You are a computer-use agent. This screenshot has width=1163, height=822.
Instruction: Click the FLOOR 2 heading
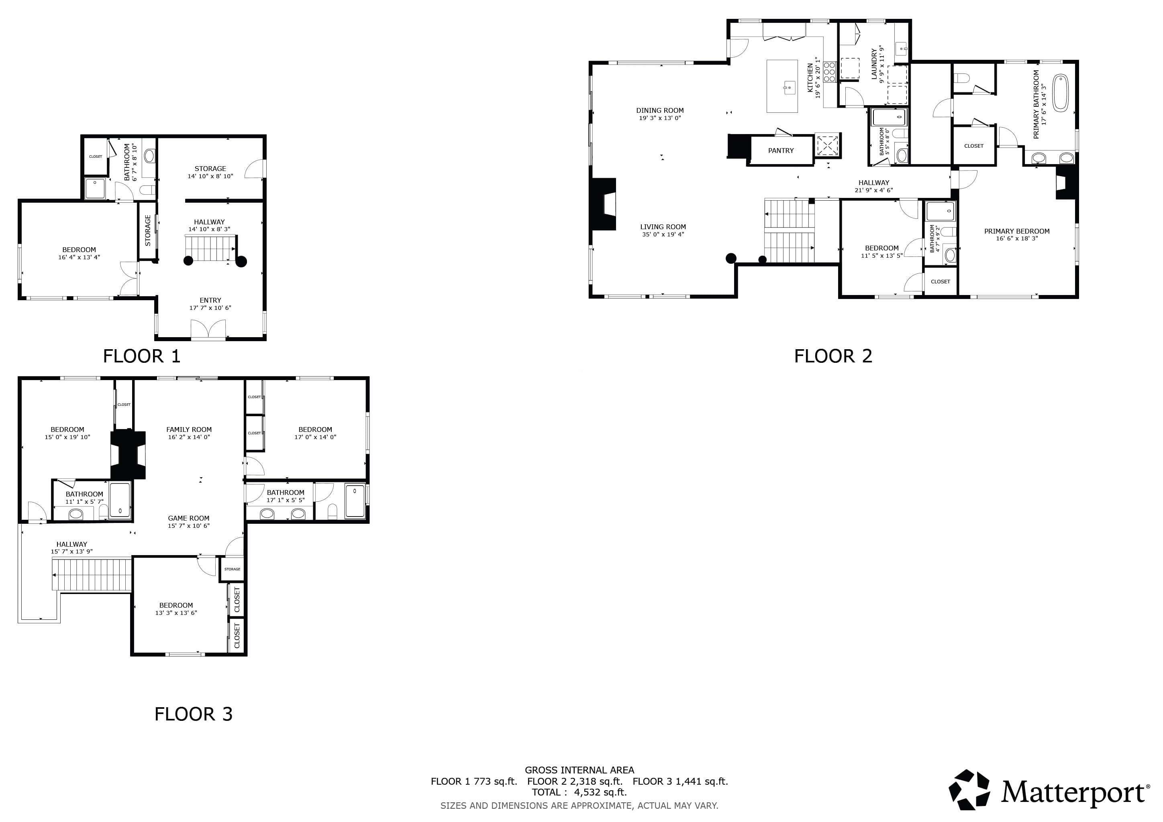833,356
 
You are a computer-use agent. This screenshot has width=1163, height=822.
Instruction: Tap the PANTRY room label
781,151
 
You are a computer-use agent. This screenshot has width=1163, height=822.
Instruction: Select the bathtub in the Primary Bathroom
1061,93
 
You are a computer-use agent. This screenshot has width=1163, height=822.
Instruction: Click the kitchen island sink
789,88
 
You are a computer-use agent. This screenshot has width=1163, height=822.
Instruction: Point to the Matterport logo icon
969,789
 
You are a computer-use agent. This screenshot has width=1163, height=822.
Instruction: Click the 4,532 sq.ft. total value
600,792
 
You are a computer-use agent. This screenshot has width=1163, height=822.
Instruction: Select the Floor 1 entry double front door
208,330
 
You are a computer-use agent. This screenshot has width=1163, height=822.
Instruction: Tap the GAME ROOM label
188,518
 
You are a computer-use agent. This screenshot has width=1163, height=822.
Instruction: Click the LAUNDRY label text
874,64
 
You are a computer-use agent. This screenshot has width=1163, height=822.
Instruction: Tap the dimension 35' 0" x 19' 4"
663,234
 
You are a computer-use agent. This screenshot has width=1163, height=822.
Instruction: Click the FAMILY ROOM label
189,429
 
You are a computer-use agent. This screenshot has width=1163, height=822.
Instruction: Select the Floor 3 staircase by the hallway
92,574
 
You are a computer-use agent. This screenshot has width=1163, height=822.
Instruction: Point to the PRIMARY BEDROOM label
1016,231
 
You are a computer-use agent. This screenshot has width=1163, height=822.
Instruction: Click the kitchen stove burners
829,72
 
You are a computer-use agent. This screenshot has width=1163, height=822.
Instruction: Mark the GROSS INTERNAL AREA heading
579,770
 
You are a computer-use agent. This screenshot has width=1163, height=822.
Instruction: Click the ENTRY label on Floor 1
210,300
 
